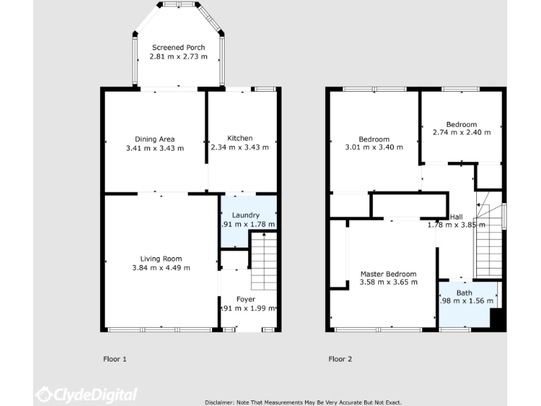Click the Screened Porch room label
[x=178, y=47]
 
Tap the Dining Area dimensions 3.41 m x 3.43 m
[x=154, y=148]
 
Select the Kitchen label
[x=240, y=138]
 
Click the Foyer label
[x=246, y=299]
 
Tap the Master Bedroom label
[x=388, y=273]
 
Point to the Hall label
[x=456, y=216]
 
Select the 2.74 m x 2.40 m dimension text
[x=461, y=133]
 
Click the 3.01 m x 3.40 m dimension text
[x=373, y=147]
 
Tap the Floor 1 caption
[x=115, y=359]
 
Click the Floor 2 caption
[x=340, y=359]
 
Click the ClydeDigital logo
[x=87, y=395]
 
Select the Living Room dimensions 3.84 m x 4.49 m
[x=161, y=267]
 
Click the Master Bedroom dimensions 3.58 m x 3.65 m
[x=388, y=282]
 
